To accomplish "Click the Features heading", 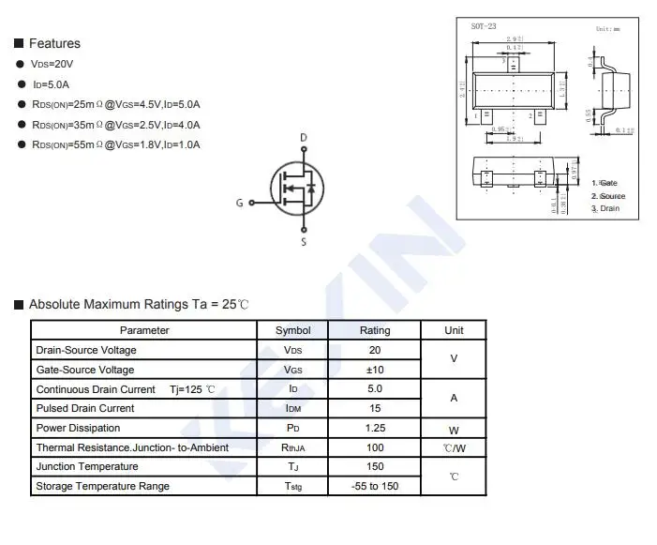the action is coord(54,43).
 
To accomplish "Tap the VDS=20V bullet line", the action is coord(52,64).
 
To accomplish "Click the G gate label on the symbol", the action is coord(240,203).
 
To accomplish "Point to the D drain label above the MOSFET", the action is coord(303,138).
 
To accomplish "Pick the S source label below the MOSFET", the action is coord(303,243).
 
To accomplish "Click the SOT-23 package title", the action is coord(484,27).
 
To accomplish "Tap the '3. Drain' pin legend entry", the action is coord(605,208).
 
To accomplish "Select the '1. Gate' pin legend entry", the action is coord(605,183).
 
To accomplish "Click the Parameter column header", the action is coord(144,330).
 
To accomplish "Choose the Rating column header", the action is coord(375,330).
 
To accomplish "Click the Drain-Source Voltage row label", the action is coord(86,350).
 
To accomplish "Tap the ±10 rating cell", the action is coord(375,370).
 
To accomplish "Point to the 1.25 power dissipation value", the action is coord(375,428).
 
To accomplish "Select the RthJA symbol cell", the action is coord(293,447).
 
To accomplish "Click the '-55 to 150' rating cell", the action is coord(375,486).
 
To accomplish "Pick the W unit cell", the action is coord(454,429).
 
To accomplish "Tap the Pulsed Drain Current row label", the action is coord(85,408).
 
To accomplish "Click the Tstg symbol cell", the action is coord(293,486).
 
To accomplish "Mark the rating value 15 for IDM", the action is coord(375,408).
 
